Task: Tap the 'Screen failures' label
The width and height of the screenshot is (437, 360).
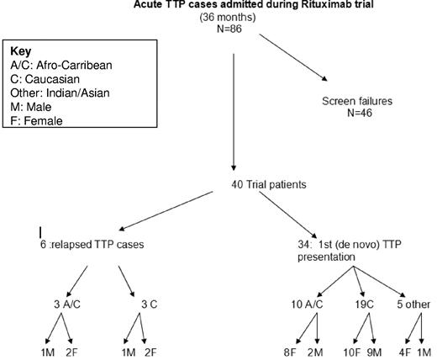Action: point(359,101)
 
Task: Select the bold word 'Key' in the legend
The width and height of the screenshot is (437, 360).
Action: point(20,50)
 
